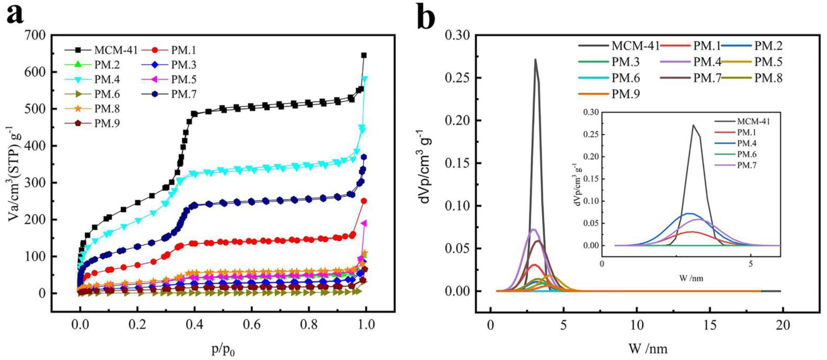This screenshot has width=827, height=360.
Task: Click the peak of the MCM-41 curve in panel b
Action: point(535,59)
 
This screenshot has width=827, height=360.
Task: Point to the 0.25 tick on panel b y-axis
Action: point(457,78)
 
